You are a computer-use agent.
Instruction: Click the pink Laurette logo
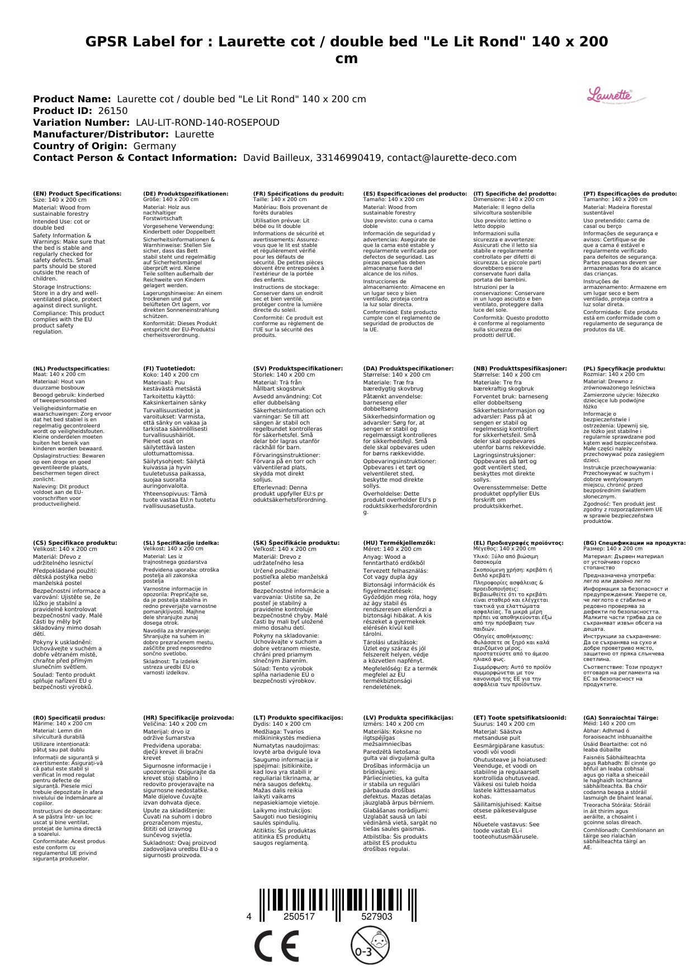(x=609, y=95)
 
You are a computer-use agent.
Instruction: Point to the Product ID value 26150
(x=112, y=111)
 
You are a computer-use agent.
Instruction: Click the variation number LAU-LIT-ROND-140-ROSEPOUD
(x=207, y=122)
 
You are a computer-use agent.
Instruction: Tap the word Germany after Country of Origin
(x=154, y=146)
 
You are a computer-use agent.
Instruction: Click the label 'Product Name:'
(x=72, y=99)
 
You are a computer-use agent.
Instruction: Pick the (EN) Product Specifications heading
(x=77, y=193)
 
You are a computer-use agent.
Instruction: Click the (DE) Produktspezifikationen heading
(x=186, y=193)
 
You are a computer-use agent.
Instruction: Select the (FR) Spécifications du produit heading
(x=298, y=193)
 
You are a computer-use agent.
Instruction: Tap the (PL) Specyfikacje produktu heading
(x=624, y=369)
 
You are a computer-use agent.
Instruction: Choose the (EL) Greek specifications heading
(x=518, y=543)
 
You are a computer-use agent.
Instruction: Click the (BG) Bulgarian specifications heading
(x=634, y=543)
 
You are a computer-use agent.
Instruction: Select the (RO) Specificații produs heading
(x=69, y=717)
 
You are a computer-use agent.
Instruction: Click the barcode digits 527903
(x=376, y=917)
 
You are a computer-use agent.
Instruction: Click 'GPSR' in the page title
(x=106, y=42)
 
